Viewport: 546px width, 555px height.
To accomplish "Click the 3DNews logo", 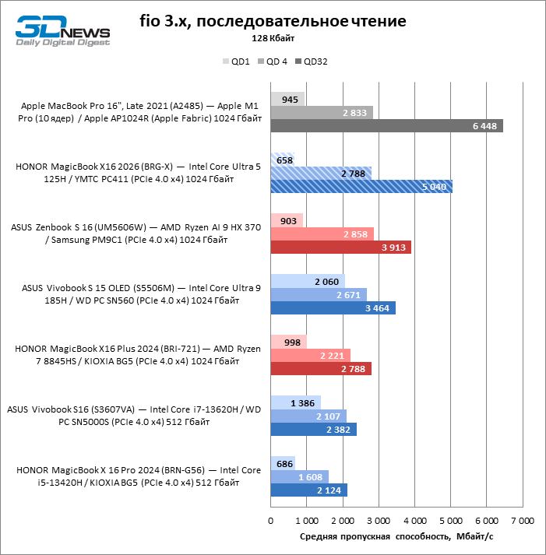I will point(62,29).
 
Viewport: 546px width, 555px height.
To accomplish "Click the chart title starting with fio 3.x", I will point(273,20).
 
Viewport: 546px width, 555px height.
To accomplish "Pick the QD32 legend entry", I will point(311,61).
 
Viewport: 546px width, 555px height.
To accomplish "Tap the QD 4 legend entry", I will point(273,61).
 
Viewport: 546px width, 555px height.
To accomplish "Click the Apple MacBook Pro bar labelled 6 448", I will point(386,126).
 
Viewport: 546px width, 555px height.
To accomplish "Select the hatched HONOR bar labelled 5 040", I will point(361,186).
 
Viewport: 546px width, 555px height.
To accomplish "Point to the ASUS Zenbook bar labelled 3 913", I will point(340,247).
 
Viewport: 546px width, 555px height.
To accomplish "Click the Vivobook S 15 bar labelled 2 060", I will point(307,281).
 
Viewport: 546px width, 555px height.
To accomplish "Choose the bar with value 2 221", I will point(310,356).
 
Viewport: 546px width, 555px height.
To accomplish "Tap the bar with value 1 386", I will point(295,402).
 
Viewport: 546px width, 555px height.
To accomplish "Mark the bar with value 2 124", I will point(308,490).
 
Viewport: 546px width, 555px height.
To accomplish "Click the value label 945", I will point(290,99).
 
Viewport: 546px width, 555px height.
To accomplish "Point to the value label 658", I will point(285,160).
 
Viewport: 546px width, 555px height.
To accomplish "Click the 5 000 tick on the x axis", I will point(450,520).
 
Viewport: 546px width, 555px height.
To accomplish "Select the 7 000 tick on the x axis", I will point(522,520).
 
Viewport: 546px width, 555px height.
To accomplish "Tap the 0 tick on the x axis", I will point(270,520).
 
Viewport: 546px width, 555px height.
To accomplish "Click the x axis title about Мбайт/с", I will point(396,536).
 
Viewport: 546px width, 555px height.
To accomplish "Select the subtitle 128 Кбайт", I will point(273,37).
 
